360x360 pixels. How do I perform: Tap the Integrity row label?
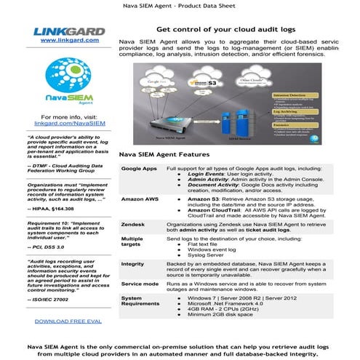pyautogui.click(x=133, y=263)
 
